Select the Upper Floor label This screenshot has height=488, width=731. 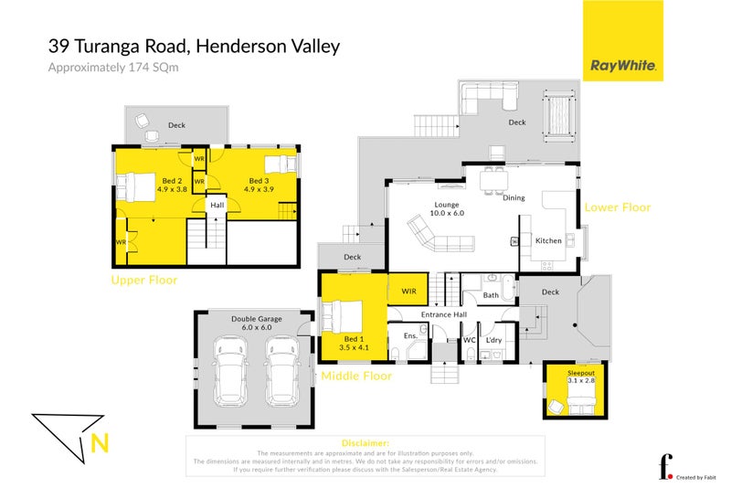point(144,280)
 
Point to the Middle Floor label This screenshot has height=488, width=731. point(355,376)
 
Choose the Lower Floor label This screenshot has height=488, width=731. point(618,207)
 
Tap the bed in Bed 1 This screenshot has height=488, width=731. point(344,316)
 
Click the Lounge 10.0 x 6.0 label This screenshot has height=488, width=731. point(447,210)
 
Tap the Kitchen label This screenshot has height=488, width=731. point(548,240)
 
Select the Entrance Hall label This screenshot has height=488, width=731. point(444,315)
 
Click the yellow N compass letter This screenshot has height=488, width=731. point(100,445)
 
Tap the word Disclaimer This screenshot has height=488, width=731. point(365,442)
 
